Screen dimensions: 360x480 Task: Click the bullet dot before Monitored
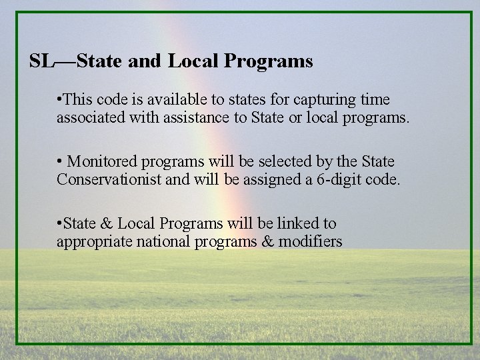click(60, 161)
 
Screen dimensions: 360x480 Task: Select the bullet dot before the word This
click(60, 99)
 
